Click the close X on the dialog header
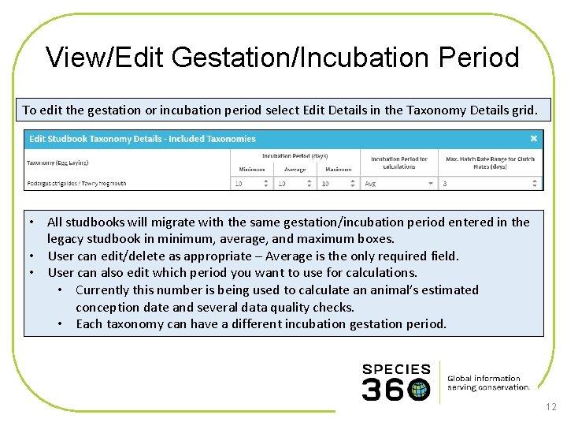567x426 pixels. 533,139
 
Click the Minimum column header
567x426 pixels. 252,169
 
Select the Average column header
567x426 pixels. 295,169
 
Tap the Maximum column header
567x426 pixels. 338,169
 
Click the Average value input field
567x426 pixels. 295,183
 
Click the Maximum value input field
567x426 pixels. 338,183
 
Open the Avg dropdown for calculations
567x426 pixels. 398,183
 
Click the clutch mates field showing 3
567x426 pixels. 488,183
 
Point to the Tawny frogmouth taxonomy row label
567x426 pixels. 76,183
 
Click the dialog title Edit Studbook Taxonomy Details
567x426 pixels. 143,139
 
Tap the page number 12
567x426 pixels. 550,407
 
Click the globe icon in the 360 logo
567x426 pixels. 419,389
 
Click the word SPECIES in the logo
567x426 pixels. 396,369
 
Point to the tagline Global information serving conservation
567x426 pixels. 487,383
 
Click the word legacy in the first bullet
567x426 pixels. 65,238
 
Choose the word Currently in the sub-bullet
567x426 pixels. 107,290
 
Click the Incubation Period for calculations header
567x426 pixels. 398,163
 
